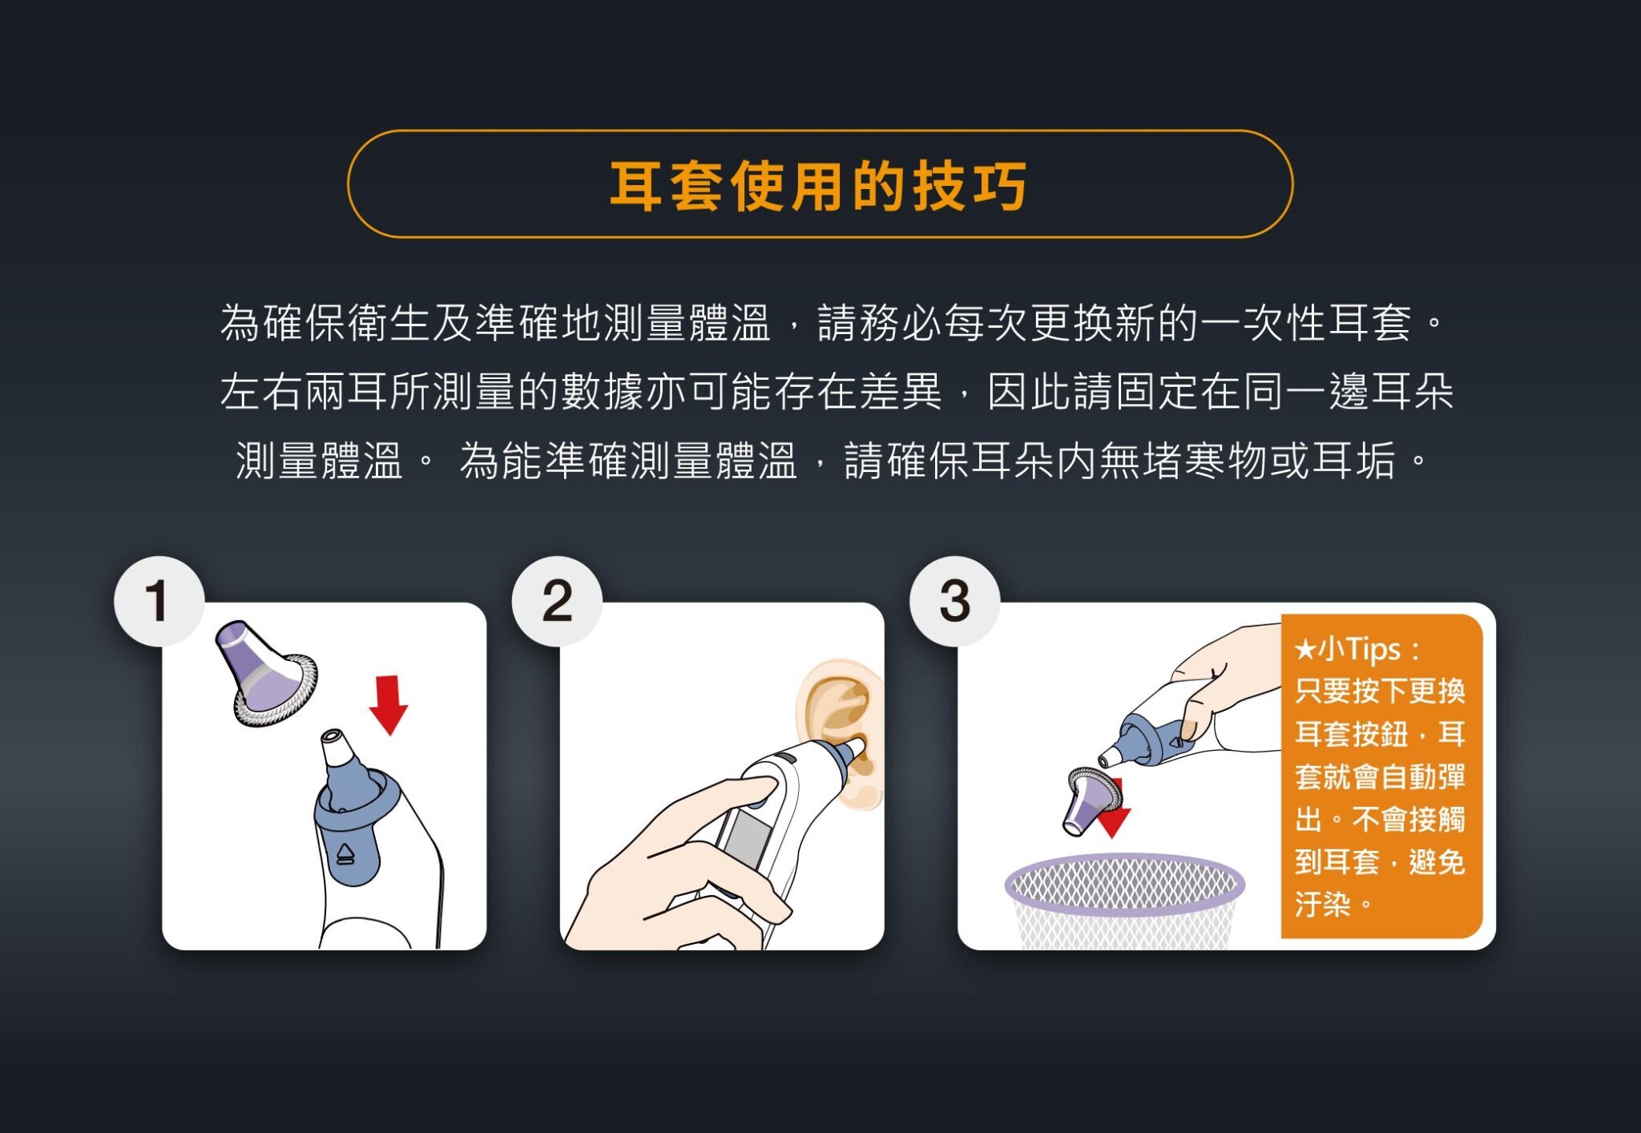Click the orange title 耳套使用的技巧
[818, 186]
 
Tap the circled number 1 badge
[158, 601]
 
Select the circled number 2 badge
[557, 601]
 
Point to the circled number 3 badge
[954, 601]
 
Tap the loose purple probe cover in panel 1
[264, 673]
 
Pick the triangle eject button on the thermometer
[345, 854]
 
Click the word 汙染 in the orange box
[1322, 905]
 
